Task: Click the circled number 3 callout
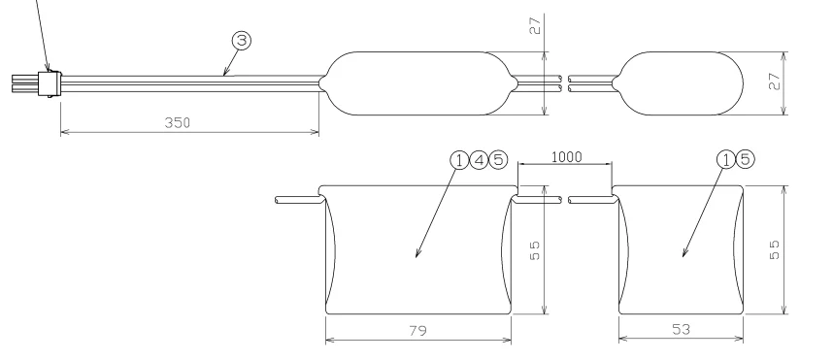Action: pyautogui.click(x=241, y=41)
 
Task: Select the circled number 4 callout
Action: pyautogui.click(x=479, y=160)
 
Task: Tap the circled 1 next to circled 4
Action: pyautogui.click(x=459, y=160)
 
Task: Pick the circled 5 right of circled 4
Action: pyautogui.click(x=498, y=160)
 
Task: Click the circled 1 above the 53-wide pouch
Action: pyautogui.click(x=726, y=159)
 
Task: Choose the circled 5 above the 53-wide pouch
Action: pyautogui.click(x=746, y=159)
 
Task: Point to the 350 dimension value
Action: pyautogui.click(x=178, y=122)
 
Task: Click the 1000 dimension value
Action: pyautogui.click(x=567, y=157)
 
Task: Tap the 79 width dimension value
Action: pyautogui.click(x=418, y=331)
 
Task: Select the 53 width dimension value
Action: pyautogui.click(x=682, y=330)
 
